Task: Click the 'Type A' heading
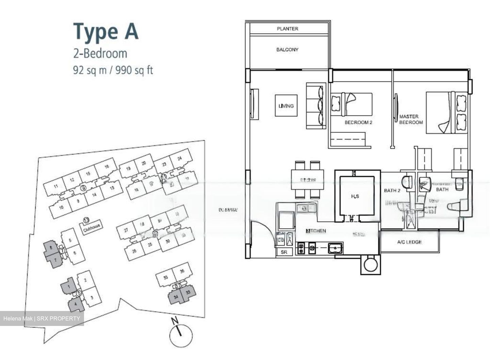click(106, 32)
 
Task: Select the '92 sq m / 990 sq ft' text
click(113, 71)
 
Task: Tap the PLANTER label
click(287, 29)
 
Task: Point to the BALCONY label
click(287, 50)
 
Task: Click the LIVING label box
click(286, 106)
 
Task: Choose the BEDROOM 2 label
click(358, 122)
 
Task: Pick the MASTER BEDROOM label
click(410, 119)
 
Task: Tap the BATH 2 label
click(392, 190)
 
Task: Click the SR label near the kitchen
click(284, 252)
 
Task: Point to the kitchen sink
click(335, 248)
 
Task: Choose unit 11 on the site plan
click(56, 186)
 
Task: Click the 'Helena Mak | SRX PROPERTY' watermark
click(42, 319)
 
